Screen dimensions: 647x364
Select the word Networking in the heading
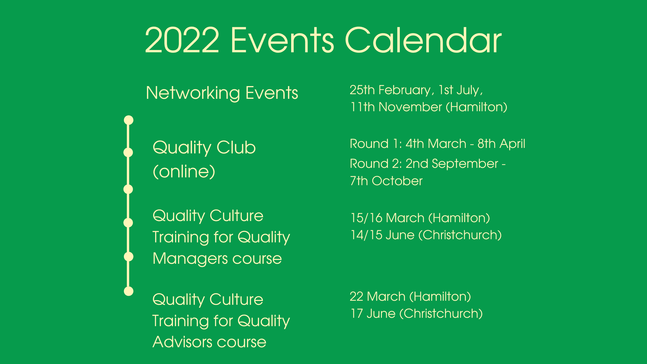193,93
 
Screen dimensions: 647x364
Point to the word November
410,107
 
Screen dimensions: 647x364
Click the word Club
236,148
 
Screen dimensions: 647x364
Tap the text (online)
184,172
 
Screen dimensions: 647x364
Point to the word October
397,181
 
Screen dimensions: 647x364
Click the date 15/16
367,218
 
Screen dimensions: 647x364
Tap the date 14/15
367,235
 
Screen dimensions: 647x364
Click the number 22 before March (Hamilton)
356,297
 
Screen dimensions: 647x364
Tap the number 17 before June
357,314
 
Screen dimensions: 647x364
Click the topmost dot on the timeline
129,120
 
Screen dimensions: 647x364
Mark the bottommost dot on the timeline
129,291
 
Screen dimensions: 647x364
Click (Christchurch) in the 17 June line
441,314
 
